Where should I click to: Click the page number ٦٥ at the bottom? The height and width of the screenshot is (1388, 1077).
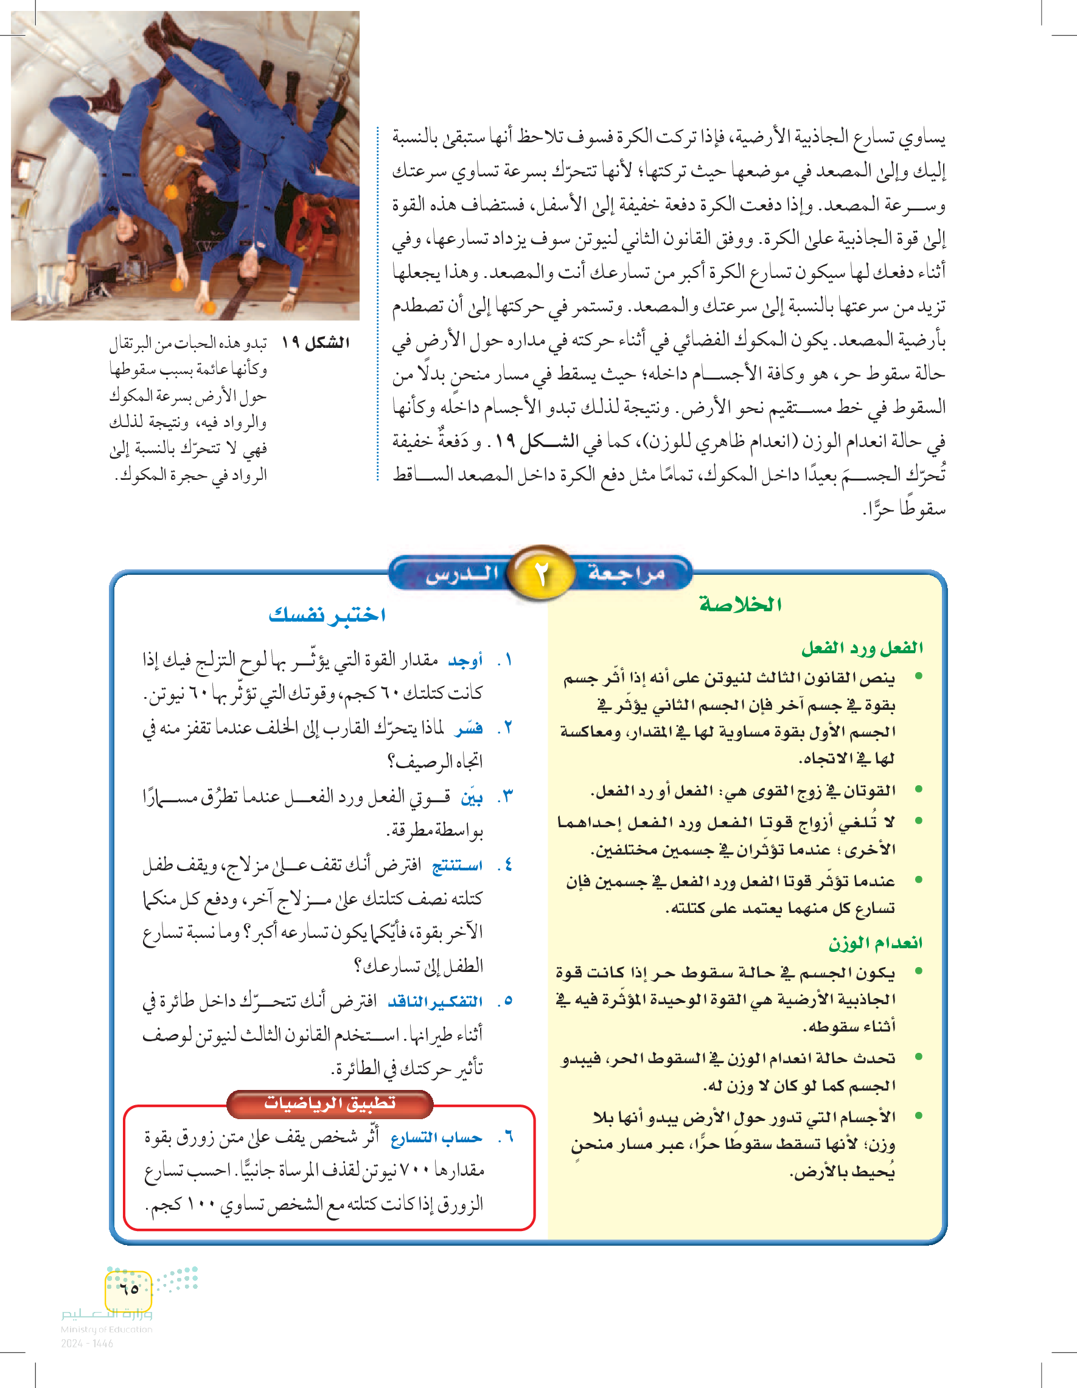pyautogui.click(x=129, y=1289)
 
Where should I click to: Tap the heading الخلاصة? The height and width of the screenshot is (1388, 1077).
pyautogui.click(x=740, y=605)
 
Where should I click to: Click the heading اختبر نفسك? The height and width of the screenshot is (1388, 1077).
pyautogui.click(x=327, y=614)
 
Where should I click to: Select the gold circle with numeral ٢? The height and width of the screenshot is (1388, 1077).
pyautogui.click(x=541, y=573)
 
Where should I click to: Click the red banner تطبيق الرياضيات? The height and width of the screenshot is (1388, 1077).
pyautogui.click(x=329, y=1103)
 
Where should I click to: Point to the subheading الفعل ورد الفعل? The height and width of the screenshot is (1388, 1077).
pyautogui.click(x=862, y=648)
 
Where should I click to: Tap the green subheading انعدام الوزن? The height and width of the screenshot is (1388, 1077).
pyautogui.click(x=875, y=943)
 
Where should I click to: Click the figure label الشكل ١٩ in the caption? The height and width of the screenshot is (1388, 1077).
pyautogui.click(x=315, y=342)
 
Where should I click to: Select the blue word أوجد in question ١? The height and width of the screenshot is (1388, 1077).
pyautogui.click(x=465, y=661)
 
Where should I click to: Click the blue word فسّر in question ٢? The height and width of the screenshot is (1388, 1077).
pyautogui.click(x=469, y=728)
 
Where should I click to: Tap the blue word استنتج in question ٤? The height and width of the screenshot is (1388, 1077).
pyautogui.click(x=457, y=865)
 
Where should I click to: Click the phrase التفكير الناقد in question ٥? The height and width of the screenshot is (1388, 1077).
pyautogui.click(x=435, y=1002)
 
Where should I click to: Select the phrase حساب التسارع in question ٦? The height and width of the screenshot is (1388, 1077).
pyautogui.click(x=436, y=1137)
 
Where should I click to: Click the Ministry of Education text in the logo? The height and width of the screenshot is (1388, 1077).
pyautogui.click(x=106, y=1329)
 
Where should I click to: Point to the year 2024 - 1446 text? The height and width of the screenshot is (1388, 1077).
pyautogui.click(x=87, y=1344)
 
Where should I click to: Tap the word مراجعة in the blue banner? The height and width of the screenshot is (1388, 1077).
pyautogui.click(x=626, y=572)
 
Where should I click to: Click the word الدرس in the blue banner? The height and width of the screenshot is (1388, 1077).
pyautogui.click(x=462, y=574)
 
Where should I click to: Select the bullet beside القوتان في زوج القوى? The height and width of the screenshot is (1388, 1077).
pyautogui.click(x=918, y=789)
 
